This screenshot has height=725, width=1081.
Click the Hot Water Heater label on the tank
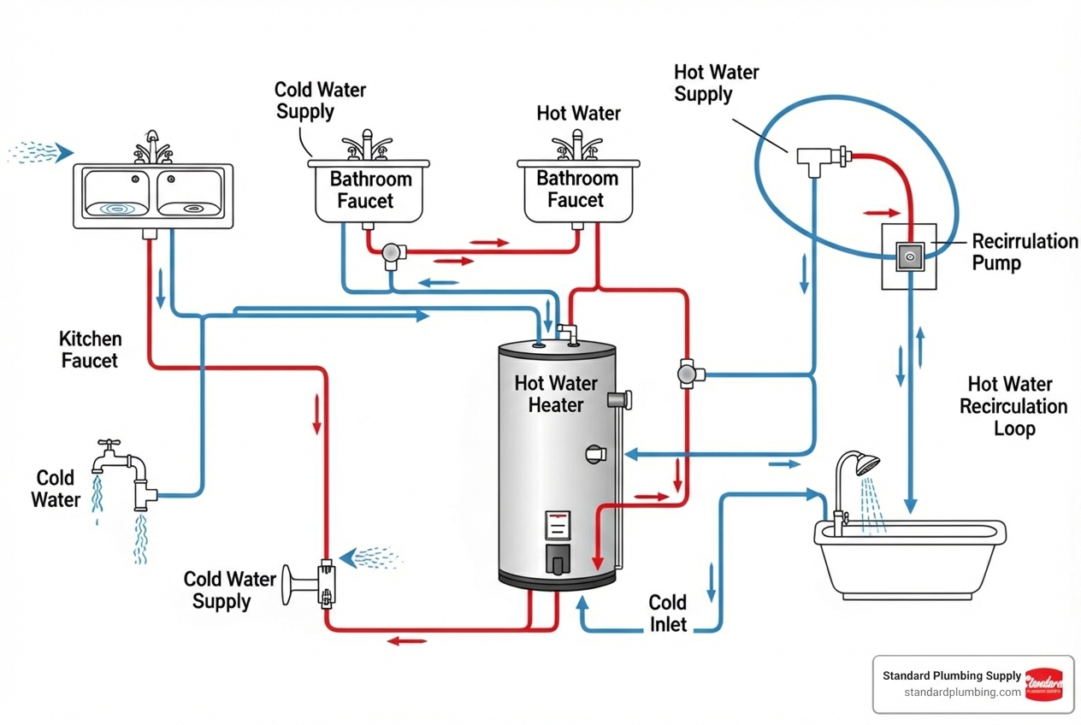pyautogui.click(x=556, y=394)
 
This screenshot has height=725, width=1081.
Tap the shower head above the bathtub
pyautogui.click(x=866, y=465)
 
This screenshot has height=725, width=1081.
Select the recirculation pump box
pyautogui.click(x=909, y=255)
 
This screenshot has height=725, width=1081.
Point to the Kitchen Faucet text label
pyautogui.click(x=90, y=350)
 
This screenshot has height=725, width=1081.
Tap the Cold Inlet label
pyautogui.click(x=668, y=614)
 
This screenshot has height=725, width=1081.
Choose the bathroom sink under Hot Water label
pyautogui.click(x=577, y=189)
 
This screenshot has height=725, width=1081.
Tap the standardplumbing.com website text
pyautogui.click(x=962, y=692)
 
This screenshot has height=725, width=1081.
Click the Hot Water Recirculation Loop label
pyautogui.click(x=1013, y=406)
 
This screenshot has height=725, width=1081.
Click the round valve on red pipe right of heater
pyautogui.click(x=688, y=374)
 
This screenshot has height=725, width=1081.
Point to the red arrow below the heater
pyautogui.click(x=407, y=640)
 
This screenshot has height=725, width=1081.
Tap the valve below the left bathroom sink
pyautogui.click(x=393, y=252)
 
